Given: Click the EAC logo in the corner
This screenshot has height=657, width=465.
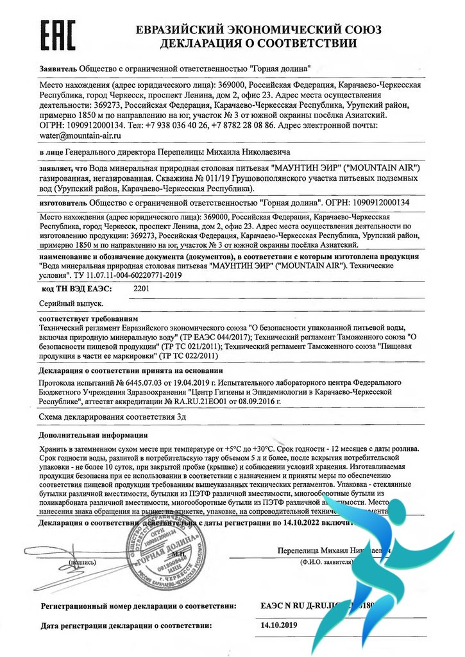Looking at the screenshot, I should pos(58,35).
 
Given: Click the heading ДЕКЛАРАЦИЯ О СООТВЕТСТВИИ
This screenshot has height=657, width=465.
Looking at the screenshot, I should pos(258,44).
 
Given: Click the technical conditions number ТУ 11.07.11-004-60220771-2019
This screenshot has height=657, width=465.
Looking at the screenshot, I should pos(121,275).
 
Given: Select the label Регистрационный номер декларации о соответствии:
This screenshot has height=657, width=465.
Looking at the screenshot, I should pos(139,605).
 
